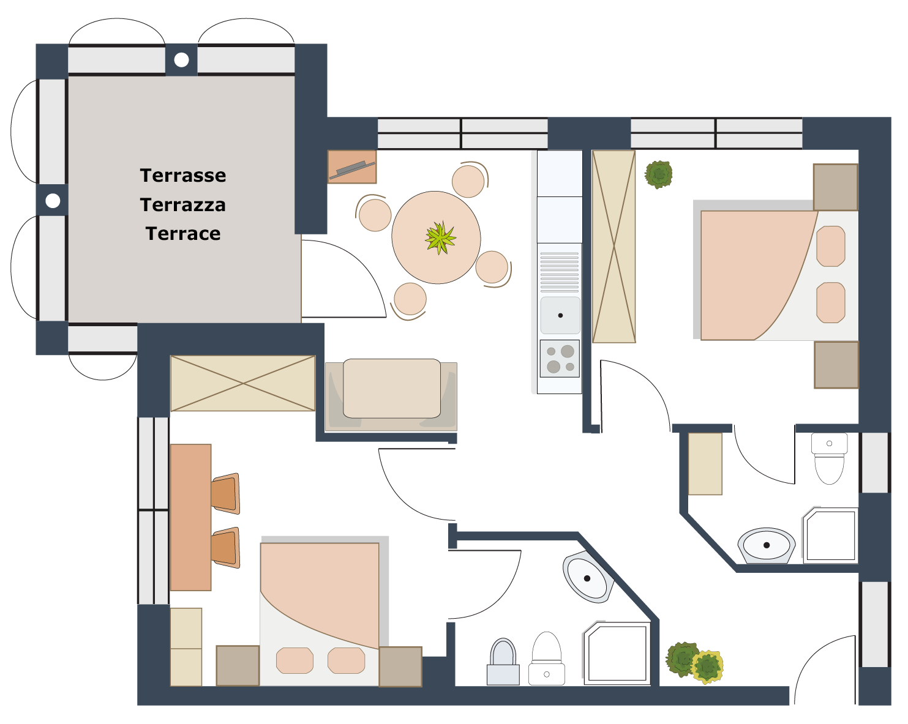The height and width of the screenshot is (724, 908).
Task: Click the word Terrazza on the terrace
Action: pos(182,205)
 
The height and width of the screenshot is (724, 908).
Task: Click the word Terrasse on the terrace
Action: pos(182,176)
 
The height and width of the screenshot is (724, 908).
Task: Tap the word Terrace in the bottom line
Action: pos(182,234)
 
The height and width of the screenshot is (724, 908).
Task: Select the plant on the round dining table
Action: pos(440,237)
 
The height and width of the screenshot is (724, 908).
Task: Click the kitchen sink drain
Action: pos(560,315)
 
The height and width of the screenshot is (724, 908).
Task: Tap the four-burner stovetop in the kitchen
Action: pos(560,359)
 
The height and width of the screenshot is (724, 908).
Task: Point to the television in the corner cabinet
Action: pos(352,170)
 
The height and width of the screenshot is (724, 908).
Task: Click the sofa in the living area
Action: pos(391,396)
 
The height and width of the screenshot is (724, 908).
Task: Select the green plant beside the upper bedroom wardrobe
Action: pos(658,174)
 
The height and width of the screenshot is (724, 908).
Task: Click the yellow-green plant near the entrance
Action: pos(708,666)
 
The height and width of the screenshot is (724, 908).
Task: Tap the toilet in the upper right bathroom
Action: pos(829,458)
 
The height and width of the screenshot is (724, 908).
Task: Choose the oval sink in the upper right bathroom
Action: pos(766,545)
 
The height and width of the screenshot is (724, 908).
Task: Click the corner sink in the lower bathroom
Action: pos(588,578)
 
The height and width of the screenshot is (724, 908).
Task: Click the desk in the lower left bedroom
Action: pos(190,517)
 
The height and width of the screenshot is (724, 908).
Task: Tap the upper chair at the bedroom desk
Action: pos(226,494)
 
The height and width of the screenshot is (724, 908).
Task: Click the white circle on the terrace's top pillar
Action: pos(181,60)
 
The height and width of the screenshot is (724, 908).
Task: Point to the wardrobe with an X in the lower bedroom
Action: pos(242,383)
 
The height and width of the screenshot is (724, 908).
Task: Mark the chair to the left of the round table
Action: pos(374,214)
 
